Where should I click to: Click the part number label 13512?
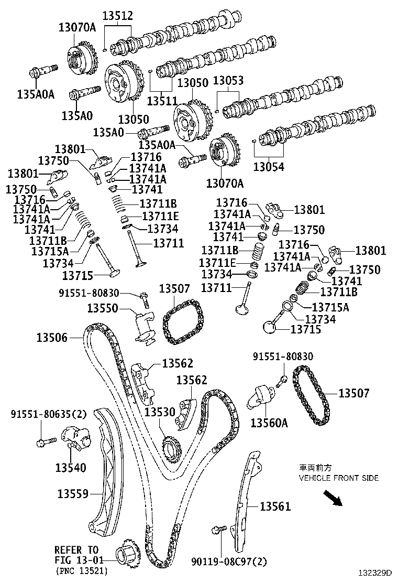coord(118,16)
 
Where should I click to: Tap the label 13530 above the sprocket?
coord(160,412)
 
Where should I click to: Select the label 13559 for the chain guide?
coord(73,494)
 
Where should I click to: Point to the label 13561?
coord(275,506)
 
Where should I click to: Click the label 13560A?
coord(269,423)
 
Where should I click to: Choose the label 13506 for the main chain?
coord(52,338)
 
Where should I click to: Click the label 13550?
coord(103,308)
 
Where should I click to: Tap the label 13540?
coord(71,467)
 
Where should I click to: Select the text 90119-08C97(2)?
coord(229,562)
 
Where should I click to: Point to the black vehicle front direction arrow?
coord(333,498)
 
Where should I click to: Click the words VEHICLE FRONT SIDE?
coord(339,478)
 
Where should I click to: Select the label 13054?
coord(269,167)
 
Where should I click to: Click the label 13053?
coord(228,81)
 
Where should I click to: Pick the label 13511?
coord(162,101)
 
